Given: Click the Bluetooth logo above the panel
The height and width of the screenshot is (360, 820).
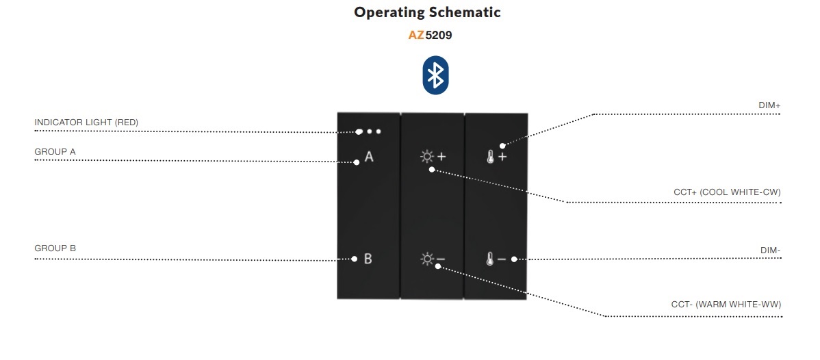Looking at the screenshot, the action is tap(435, 75).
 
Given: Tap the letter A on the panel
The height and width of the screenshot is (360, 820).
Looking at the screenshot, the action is tap(369, 156).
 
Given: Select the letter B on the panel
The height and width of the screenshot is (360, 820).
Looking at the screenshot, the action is tap(368, 259).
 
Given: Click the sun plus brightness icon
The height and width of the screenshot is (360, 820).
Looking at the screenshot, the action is tap(433, 156).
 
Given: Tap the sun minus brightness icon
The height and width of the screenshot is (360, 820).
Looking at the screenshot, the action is tap(433, 259).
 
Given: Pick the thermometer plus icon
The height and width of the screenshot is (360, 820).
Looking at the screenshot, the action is tap(496, 157).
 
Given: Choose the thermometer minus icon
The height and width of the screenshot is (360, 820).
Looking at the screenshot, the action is tap(496, 259).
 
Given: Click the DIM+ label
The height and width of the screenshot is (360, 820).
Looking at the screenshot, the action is tap(769, 105).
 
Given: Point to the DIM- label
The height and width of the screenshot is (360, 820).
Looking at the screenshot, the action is tap(770, 250).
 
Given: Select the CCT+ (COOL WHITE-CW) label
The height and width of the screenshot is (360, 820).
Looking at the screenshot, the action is tap(727, 192).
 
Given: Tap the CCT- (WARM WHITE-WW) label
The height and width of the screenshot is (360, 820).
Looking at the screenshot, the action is tap(726, 304).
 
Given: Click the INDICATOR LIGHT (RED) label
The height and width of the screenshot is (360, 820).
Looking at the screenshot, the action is tap(86, 123).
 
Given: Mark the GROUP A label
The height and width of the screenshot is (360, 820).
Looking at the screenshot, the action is tap(55, 152).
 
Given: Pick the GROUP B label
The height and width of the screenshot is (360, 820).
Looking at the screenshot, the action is tap(55, 248).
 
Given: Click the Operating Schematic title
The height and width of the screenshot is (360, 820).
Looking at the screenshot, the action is tap(427, 12).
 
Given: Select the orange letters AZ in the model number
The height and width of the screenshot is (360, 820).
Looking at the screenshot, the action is tap(416, 36).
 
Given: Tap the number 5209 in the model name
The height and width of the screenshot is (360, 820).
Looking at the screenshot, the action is tap(438, 36).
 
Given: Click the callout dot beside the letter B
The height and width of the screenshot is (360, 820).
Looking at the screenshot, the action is tap(354, 259).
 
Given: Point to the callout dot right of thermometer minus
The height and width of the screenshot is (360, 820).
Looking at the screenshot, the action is tap(514, 259).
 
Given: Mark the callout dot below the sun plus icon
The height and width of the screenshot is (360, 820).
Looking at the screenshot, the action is tap(431, 169).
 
